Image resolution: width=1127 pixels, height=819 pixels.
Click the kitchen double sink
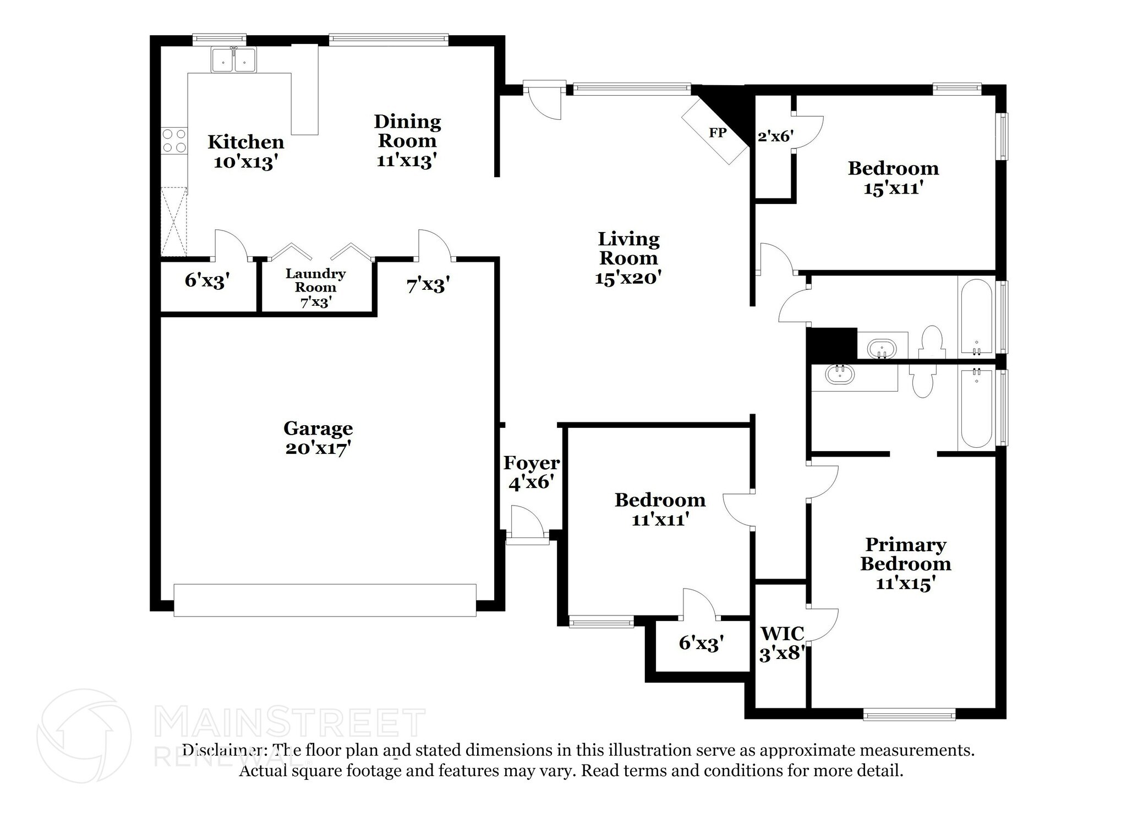[233, 60]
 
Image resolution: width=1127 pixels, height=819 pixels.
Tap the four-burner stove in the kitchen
[174, 141]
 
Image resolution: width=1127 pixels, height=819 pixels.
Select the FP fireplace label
[717, 133]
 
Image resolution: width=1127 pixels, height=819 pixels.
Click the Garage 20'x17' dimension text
[318, 448]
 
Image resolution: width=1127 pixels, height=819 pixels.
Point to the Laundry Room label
[315, 281]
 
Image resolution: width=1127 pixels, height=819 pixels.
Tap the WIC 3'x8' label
[782, 644]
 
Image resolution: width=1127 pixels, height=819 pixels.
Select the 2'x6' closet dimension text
[775, 136]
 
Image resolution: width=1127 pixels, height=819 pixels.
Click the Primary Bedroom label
[905, 554]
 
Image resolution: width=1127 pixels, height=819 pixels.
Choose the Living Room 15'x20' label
[628, 258]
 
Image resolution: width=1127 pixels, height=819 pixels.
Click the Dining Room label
[407, 131]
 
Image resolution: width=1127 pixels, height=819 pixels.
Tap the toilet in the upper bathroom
[932, 342]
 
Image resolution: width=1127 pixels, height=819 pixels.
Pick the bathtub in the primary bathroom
[976, 408]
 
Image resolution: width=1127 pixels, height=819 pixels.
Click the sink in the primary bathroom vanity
[840, 375]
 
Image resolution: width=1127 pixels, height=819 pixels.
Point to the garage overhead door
[325, 600]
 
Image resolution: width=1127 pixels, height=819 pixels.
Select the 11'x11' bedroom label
[660, 509]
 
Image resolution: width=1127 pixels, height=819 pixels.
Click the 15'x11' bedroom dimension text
[893, 189]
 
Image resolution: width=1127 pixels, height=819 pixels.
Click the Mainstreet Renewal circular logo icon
[84, 736]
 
